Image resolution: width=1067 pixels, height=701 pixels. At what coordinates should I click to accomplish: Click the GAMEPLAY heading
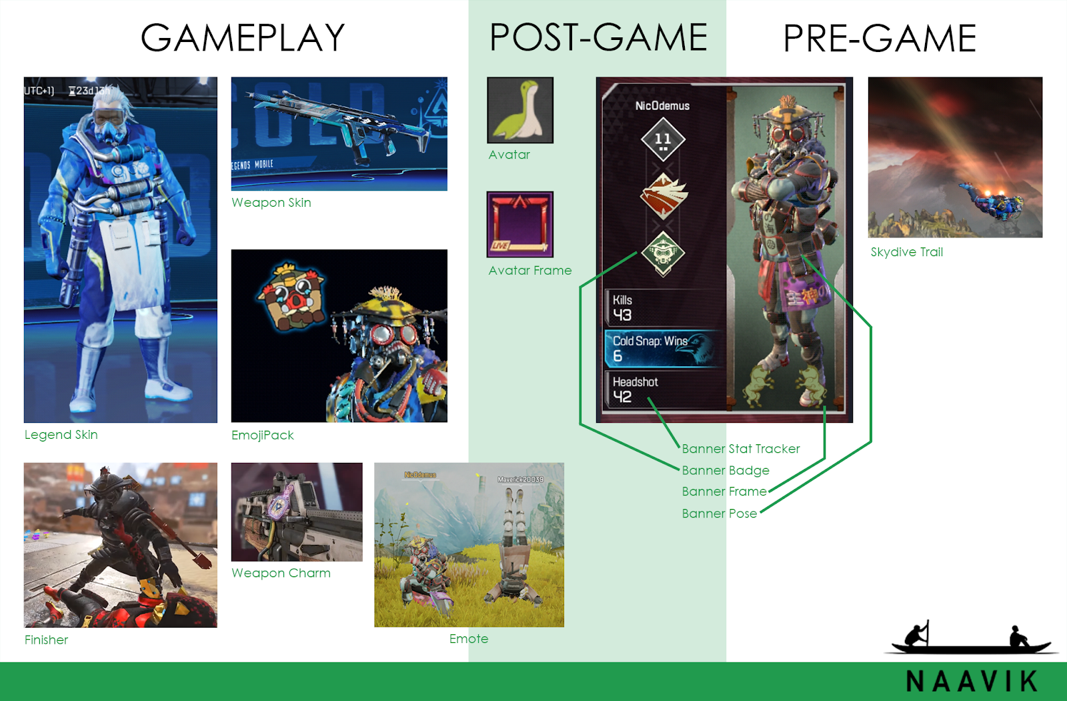pos(243,38)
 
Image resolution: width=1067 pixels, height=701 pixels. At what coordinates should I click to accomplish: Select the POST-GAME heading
pos(598,37)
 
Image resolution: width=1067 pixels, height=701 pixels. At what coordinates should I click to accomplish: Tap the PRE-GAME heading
pos(880,39)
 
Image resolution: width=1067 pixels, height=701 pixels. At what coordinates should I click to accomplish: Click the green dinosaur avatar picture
pos(520,110)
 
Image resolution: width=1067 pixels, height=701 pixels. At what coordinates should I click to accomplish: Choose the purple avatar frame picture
pos(520,224)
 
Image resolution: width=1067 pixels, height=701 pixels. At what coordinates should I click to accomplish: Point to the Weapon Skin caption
pos(271,203)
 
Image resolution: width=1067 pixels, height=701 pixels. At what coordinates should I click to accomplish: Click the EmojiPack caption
pos(263,436)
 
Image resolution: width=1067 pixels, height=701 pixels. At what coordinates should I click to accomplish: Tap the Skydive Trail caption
pos(907,252)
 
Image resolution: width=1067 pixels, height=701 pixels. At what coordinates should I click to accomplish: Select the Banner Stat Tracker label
pos(741,449)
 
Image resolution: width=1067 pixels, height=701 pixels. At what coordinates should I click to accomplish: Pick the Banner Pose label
pos(720,514)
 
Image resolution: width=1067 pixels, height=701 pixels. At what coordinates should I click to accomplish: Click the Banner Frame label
pos(724,492)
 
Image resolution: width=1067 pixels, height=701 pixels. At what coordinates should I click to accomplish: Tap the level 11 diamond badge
pos(662,139)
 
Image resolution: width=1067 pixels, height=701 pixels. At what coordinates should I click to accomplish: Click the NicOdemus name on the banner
pos(662,105)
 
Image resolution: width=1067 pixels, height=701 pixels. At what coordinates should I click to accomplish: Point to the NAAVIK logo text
pos(972,681)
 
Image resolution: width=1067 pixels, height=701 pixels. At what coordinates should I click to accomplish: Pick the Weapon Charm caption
pos(281,574)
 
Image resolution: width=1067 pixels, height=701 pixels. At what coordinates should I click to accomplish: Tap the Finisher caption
pos(47,640)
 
